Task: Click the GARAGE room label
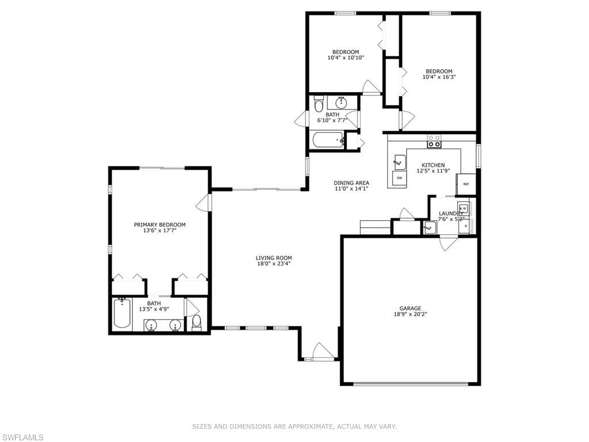click(x=410, y=308)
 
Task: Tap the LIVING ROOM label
click(x=273, y=258)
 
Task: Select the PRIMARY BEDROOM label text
click(x=160, y=225)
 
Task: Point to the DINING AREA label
click(x=351, y=183)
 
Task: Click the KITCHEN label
click(x=433, y=165)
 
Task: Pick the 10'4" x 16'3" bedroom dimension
click(x=439, y=77)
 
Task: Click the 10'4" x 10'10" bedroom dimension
click(x=346, y=58)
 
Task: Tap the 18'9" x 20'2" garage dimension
click(x=410, y=314)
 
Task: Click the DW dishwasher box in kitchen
click(x=399, y=178)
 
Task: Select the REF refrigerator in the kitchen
click(x=466, y=184)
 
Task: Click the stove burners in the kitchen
click(x=434, y=142)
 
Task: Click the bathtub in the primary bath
click(x=122, y=313)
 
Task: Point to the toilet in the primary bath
click(x=197, y=322)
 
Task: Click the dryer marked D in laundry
click(x=466, y=226)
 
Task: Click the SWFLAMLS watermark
click(x=22, y=437)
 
